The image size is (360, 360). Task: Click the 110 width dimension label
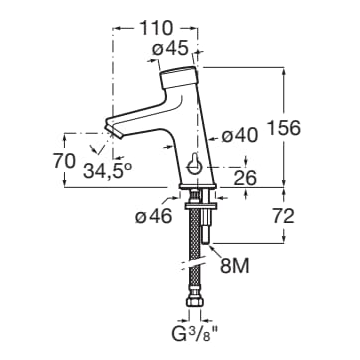[x=156, y=28]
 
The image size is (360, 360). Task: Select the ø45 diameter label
[x=170, y=49]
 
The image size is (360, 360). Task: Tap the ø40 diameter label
[x=240, y=136]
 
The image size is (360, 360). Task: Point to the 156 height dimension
[x=284, y=128]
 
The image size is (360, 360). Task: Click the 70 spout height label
[x=64, y=161]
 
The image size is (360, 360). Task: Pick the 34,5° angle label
[x=107, y=171]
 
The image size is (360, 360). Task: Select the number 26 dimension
[x=245, y=178]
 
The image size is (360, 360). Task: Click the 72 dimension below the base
[x=283, y=216]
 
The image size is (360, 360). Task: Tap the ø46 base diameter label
[x=154, y=217]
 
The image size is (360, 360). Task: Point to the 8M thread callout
[x=234, y=266]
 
